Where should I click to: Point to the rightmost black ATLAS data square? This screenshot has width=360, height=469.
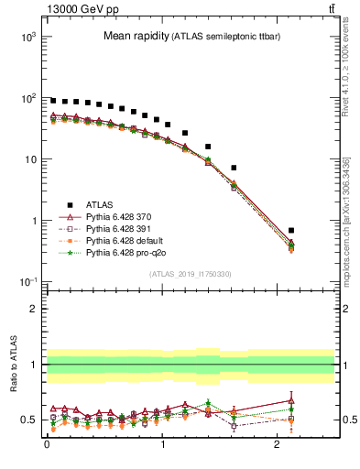point(291,231)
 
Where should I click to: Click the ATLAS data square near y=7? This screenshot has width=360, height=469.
point(234,168)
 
